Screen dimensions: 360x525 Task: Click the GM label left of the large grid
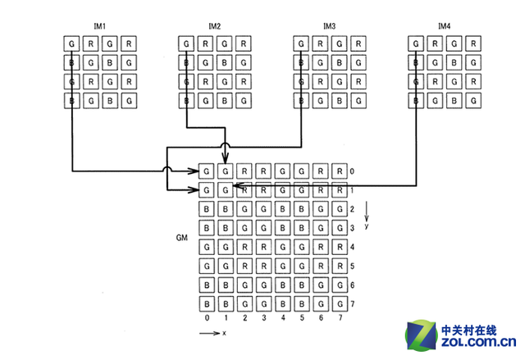183,238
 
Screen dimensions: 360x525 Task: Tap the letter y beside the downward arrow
366,225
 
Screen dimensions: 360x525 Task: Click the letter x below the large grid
224,334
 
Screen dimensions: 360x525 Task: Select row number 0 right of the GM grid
353,172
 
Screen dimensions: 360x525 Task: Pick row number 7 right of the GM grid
353,304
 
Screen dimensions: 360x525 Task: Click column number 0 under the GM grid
207,318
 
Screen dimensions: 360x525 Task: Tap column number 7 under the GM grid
340,318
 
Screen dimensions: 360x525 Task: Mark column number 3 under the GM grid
263,318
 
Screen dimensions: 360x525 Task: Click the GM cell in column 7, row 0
340,172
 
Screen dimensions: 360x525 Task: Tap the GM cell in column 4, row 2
282,210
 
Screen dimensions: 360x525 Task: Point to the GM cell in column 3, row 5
263,267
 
